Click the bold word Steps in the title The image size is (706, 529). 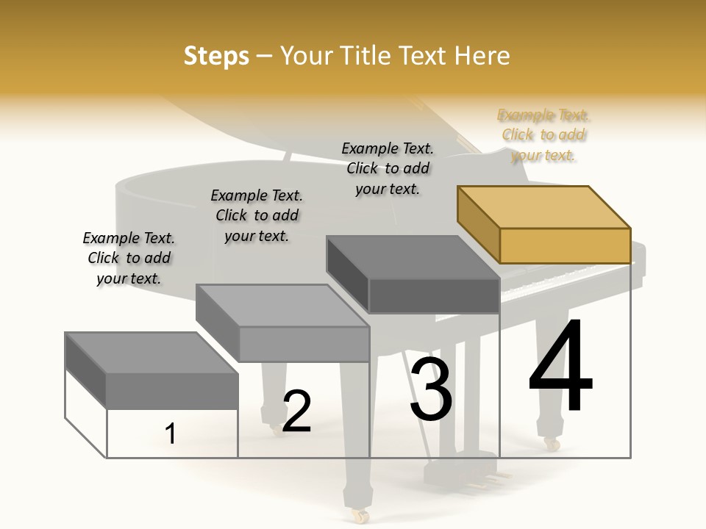216,56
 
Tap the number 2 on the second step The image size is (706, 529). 296,411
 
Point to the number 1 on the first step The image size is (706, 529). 171,434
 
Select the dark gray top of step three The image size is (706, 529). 412,257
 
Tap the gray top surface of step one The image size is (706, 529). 151,353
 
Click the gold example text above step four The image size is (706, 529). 544,135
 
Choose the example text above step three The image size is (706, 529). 388,168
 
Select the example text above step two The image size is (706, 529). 257,215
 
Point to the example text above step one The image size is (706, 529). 128,258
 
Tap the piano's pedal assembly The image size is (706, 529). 471,474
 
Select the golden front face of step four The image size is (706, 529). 565,245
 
